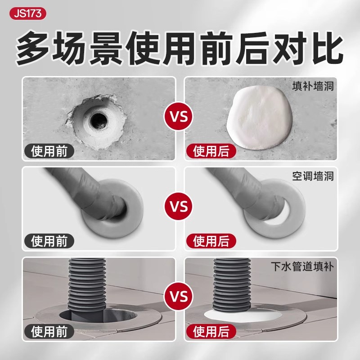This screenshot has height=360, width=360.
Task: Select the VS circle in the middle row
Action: [x=180, y=208]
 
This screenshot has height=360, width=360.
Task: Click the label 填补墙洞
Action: [x=317, y=86]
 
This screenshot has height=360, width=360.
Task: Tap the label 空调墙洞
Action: [x=317, y=176]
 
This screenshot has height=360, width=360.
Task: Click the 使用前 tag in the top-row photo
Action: [x=49, y=151]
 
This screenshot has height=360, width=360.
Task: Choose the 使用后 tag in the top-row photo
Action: [x=211, y=151]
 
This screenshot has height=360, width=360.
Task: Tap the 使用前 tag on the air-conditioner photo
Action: [x=49, y=241]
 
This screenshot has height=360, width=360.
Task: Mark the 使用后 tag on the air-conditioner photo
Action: [x=211, y=241]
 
